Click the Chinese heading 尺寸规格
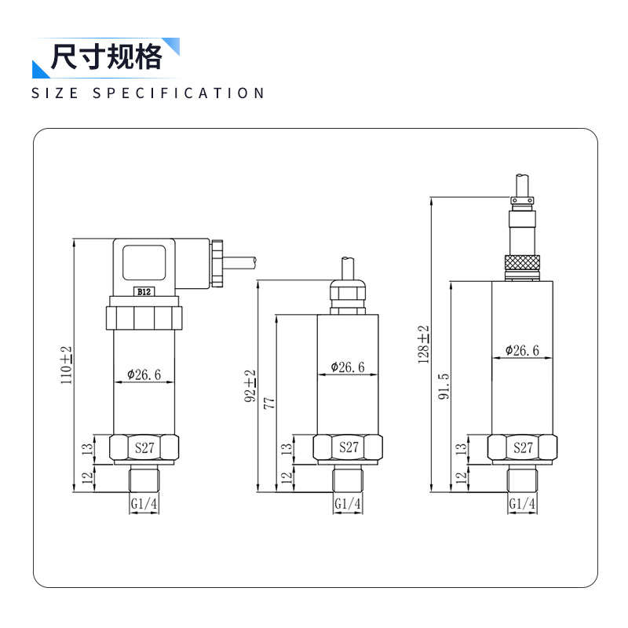[x=106, y=58]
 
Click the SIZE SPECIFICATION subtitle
[x=148, y=93]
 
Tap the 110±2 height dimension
[x=67, y=364]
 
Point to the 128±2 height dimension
[x=424, y=344]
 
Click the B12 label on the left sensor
[x=144, y=291]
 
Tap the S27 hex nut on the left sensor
[x=145, y=448]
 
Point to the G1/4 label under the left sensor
[x=144, y=503]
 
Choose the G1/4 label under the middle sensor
[x=348, y=503]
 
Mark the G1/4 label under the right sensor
[x=522, y=503]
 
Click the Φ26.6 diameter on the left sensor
[x=144, y=374]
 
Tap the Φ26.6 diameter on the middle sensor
[x=348, y=367]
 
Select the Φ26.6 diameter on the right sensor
[x=522, y=350]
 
